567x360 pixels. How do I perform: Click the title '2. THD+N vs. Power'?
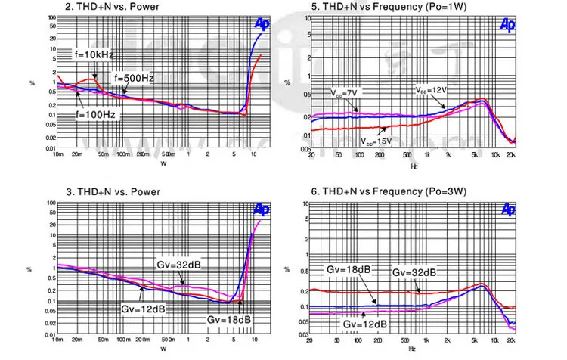coord(112,7)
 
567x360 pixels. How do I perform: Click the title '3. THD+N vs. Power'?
coord(112,192)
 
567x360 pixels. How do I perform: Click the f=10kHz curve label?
coord(93,54)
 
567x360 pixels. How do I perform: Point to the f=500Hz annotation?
coord(134,78)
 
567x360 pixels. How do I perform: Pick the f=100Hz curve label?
coord(95,115)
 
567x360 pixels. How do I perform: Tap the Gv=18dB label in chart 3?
coord(228,320)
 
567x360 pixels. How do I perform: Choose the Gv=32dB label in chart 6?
coord(414,272)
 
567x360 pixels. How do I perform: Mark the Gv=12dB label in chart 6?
coord(366,324)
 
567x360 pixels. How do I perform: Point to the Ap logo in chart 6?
coord(508,209)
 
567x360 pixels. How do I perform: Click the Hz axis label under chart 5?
coord(413,165)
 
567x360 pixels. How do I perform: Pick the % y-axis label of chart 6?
coord(287,268)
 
